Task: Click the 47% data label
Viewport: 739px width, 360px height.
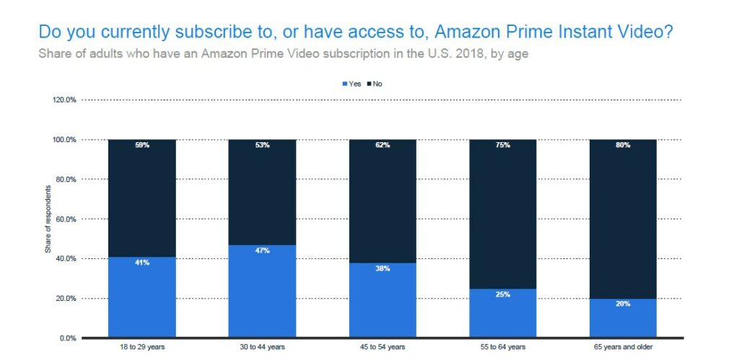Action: tap(262, 251)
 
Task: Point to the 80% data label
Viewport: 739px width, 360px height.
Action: tap(623, 145)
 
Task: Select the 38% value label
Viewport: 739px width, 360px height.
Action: tap(382, 269)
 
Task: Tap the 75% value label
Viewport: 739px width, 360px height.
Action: tap(503, 145)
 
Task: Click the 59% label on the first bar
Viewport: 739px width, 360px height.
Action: tap(141, 145)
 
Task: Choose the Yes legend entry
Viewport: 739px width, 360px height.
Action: tap(351, 84)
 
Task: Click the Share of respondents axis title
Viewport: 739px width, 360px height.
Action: tap(47, 219)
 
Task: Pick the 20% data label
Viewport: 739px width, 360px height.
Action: tap(623, 304)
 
